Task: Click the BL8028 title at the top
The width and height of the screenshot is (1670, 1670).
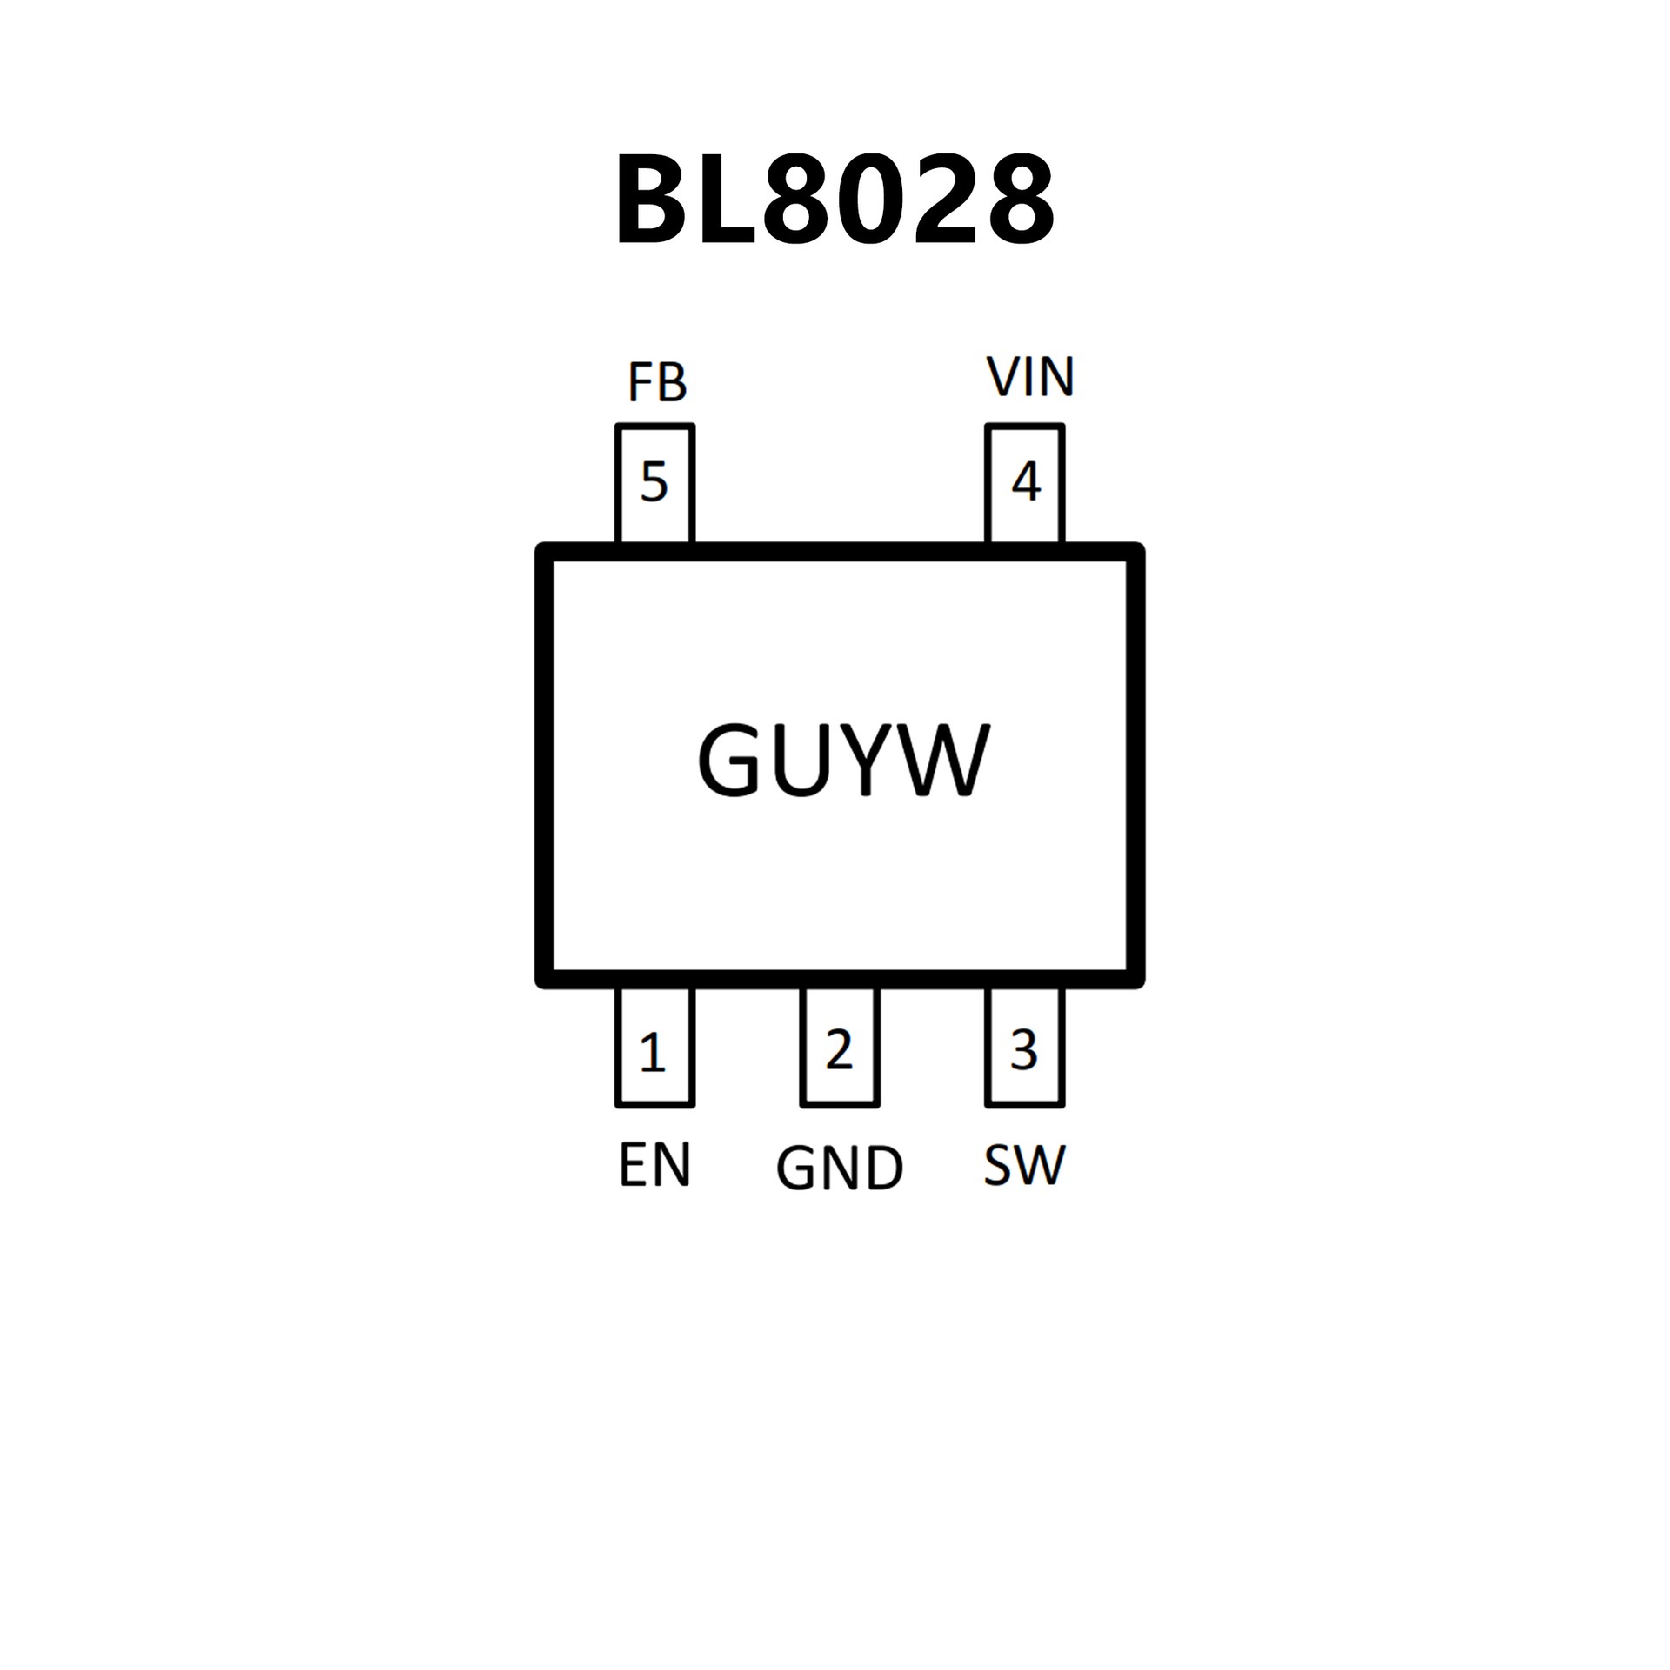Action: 835,199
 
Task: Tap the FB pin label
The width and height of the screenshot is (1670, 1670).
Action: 658,382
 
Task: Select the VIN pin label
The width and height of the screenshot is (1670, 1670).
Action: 1031,377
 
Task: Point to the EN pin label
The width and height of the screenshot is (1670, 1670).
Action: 654,1166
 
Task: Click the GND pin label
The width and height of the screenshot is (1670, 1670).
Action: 839,1168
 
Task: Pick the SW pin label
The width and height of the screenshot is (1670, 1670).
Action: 1025,1166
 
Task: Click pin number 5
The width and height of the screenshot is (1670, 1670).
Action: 654,482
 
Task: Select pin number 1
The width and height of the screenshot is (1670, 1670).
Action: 652,1053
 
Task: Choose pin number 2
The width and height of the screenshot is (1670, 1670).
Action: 839,1050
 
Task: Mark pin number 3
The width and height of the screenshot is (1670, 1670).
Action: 1025,1050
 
